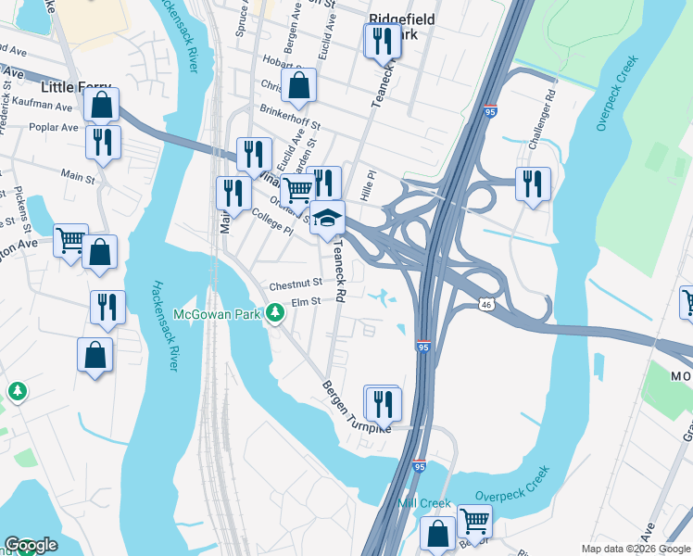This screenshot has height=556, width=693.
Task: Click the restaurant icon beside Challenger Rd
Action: click(534, 183)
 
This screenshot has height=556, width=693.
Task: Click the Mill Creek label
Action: click(423, 503)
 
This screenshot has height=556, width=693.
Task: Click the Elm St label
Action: click(305, 301)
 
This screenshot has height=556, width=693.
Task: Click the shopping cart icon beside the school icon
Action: click(297, 191)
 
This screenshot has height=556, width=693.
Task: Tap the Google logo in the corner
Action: click(31, 545)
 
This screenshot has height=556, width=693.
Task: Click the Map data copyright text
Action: click(636, 549)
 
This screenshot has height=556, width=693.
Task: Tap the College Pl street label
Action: click(271, 223)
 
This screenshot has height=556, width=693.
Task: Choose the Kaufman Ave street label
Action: click(44, 107)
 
